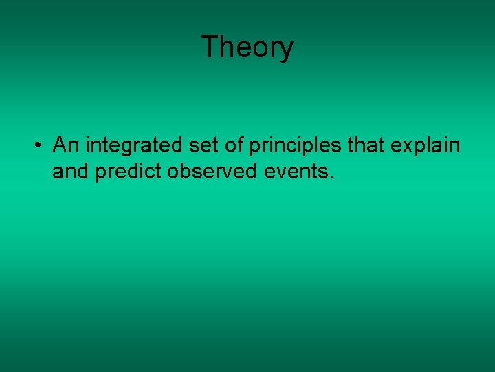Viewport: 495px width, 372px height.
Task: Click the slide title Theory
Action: [247, 48]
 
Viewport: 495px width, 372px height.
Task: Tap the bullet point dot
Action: [38, 145]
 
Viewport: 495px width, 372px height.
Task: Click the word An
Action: [66, 145]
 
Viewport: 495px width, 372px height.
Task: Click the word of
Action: [234, 145]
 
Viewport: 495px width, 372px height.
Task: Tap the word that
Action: [366, 145]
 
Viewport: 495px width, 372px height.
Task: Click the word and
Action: [70, 171]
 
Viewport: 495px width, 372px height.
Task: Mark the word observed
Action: [212, 171]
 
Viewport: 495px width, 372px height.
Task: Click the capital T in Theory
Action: [211, 46]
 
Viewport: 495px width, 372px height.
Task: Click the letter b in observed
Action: [186, 171]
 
